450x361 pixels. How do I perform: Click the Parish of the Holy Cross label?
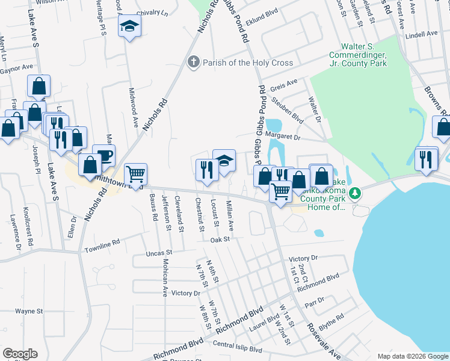click(x=247, y=63)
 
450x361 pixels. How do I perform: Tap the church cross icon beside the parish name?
click(x=194, y=62)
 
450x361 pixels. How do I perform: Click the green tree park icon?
click(x=356, y=193)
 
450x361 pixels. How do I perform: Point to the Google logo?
click(x=20, y=354)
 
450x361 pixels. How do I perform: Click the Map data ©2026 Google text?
click(x=413, y=356)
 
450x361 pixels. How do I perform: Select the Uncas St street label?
click(x=159, y=253)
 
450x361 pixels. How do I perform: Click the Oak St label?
click(x=221, y=239)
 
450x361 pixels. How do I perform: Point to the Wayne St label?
click(x=29, y=312)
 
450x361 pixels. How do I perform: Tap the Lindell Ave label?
click(x=422, y=34)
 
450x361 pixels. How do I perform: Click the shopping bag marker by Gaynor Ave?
click(x=39, y=87)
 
